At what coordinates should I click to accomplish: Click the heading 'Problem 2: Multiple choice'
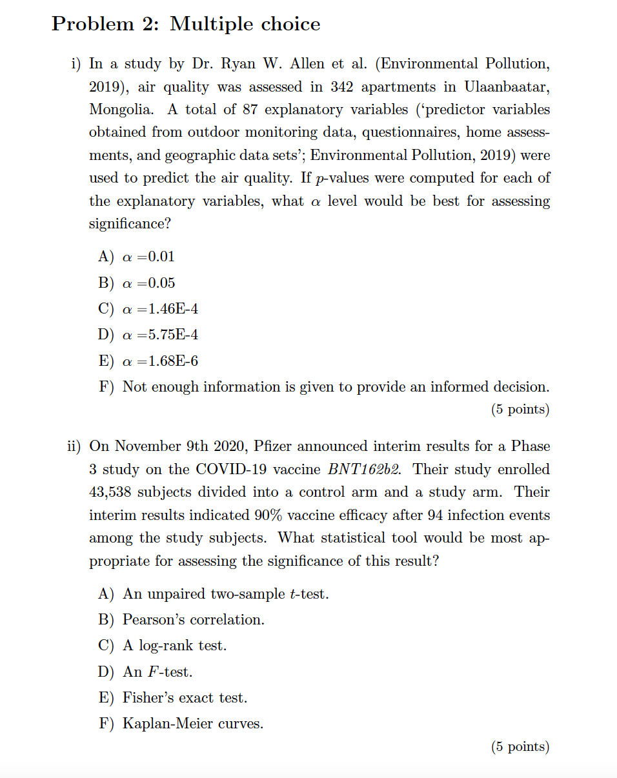pyautogui.click(x=186, y=25)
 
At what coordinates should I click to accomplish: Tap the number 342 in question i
pyautogui.click(x=345, y=86)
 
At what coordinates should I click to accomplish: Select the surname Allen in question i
pyautogui.click(x=308, y=64)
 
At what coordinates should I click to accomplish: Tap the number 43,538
pyautogui.click(x=111, y=492)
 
